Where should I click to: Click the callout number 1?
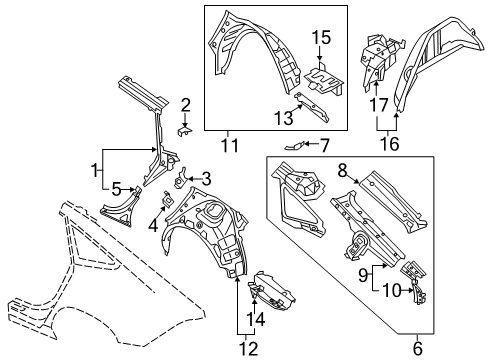pyautogui.click(x=96, y=170)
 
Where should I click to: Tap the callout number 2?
pyautogui.click(x=185, y=105)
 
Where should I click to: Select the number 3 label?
pyautogui.click(x=207, y=179)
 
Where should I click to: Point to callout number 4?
pyautogui.click(x=153, y=226)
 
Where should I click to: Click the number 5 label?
pyautogui.click(x=116, y=190)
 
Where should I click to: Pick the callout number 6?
pyautogui.click(x=417, y=349)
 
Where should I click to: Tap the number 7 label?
pyautogui.click(x=324, y=146)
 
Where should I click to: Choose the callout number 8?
pyautogui.click(x=342, y=171)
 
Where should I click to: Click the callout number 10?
pyautogui.click(x=391, y=290)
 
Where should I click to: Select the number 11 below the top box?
pyautogui.click(x=230, y=145)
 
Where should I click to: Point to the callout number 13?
pyautogui.click(x=284, y=118)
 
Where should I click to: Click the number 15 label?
pyautogui.click(x=321, y=37)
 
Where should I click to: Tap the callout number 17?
pyautogui.click(x=379, y=105)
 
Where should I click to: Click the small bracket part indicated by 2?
pyautogui.click(x=184, y=130)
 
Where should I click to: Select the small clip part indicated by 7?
pyautogui.click(x=294, y=145)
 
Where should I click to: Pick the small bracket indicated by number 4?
pyautogui.click(x=169, y=200)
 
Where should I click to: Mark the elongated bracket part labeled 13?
pyautogui.click(x=312, y=107)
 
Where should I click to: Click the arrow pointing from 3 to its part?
pyautogui.click(x=195, y=179)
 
